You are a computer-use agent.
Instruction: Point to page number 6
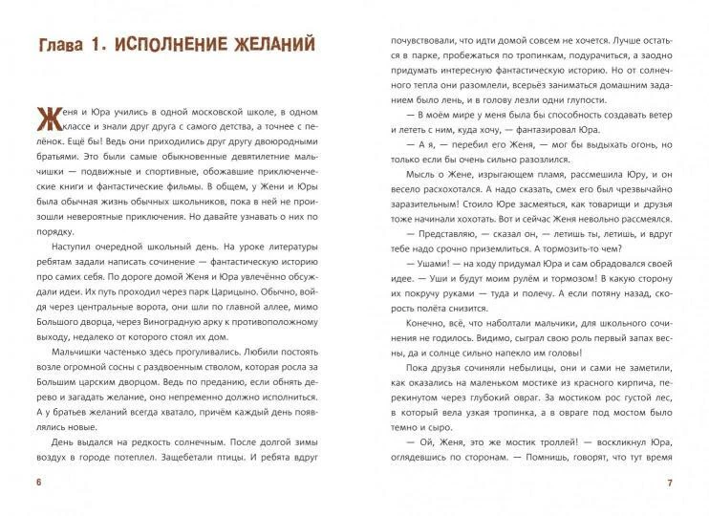coord(37,481)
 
